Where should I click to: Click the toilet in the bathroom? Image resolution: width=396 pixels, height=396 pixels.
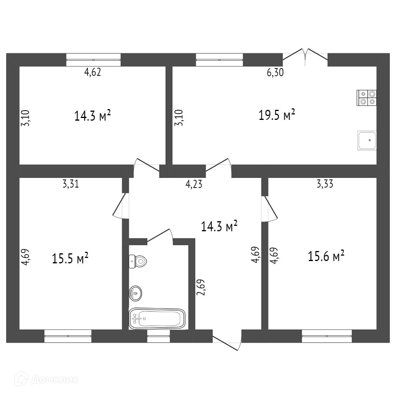tap(138, 261)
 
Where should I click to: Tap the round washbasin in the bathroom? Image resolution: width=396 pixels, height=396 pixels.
tap(135, 293)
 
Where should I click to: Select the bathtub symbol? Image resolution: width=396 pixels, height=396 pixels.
tap(157, 319)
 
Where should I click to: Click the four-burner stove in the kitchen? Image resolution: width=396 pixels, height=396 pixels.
tap(367, 98)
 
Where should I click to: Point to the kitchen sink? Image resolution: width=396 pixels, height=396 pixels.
tap(367, 140)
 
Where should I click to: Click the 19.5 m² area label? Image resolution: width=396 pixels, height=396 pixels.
tap(277, 115)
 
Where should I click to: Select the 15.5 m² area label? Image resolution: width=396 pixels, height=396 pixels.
tap(70, 258)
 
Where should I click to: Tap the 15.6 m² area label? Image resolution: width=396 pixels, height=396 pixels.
tap(326, 256)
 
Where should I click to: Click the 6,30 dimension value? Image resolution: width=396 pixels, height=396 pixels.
tap(275, 72)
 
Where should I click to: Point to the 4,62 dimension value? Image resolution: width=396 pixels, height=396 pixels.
tap(92, 72)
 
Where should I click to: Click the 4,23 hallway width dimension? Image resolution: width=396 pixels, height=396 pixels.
tap(194, 184)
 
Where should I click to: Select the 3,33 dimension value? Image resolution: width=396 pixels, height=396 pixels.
tap(325, 184)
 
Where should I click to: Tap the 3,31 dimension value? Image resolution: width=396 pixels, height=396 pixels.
tap(71, 184)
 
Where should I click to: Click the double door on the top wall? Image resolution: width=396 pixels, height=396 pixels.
tap(305, 57)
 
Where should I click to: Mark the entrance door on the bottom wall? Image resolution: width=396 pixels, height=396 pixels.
tap(227, 340)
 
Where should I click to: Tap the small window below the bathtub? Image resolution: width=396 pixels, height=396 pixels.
tap(159, 336)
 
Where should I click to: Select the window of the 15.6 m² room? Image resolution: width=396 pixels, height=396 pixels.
tap(327, 336)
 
